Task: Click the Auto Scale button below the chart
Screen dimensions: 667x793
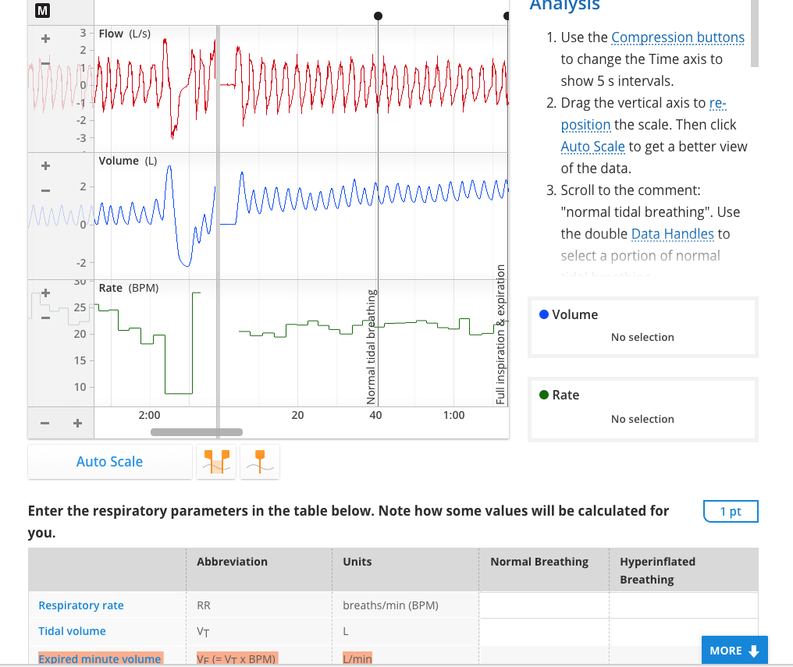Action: click(x=109, y=462)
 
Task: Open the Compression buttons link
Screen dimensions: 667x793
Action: click(x=677, y=37)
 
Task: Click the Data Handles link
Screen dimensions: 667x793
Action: click(x=672, y=234)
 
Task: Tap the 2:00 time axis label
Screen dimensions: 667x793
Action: click(x=149, y=415)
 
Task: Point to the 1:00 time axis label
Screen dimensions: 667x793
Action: click(x=453, y=415)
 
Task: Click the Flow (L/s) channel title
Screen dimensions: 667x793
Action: click(x=124, y=34)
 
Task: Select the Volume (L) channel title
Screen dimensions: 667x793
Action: click(x=127, y=161)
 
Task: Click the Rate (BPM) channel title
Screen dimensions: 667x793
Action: click(x=128, y=288)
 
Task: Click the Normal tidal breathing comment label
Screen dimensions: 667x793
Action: click(x=372, y=347)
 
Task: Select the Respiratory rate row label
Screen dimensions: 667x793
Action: click(x=81, y=605)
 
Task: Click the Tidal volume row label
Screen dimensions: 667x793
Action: click(x=72, y=631)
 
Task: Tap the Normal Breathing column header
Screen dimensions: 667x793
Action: click(x=539, y=562)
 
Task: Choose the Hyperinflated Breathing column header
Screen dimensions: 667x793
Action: click(x=657, y=570)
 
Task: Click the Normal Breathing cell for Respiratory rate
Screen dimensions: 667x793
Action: click(x=543, y=605)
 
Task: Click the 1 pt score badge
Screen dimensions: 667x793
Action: click(x=730, y=512)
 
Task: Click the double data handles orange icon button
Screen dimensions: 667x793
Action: click(x=216, y=462)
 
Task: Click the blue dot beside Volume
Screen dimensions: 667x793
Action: click(x=544, y=314)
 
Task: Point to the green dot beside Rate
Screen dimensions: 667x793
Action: click(x=544, y=395)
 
